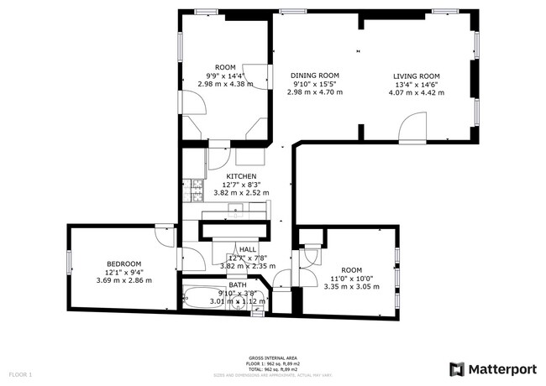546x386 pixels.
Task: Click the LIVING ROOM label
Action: [417, 76]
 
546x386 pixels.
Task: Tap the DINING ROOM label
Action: [315, 75]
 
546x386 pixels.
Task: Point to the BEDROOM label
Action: [123, 263]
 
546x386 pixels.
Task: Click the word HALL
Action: [248, 249]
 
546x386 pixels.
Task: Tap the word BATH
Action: [238, 285]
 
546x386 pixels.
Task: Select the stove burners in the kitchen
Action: [196, 190]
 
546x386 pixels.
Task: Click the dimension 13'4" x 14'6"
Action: [417, 84]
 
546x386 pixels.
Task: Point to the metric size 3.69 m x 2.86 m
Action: [123, 279]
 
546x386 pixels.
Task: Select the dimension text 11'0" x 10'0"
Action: [351, 278]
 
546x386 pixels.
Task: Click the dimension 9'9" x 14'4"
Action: [225, 76]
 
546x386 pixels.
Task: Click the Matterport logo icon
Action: [456, 368]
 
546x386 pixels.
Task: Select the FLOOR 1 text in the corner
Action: [20, 373]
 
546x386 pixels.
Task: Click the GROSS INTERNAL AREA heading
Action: [273, 357]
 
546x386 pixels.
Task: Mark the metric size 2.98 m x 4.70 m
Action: [315, 91]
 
